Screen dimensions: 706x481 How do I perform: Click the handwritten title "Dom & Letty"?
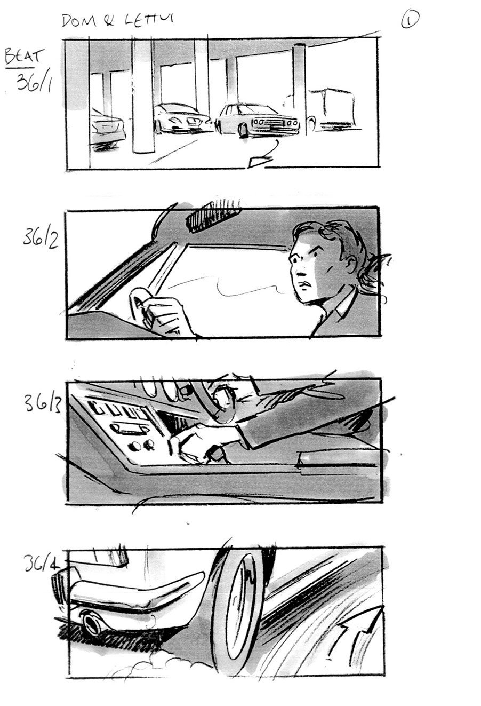click(x=118, y=20)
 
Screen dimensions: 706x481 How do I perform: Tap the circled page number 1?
click(x=410, y=20)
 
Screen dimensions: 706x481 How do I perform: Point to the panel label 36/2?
click(x=41, y=237)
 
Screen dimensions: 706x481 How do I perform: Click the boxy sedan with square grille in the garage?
click(x=259, y=120)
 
